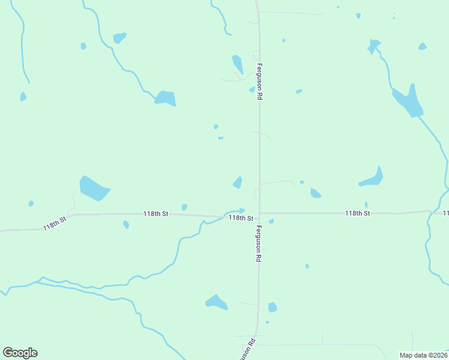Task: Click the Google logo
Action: click(x=20, y=353)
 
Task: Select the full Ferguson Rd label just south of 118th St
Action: click(x=259, y=243)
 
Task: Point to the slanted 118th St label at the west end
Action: click(x=54, y=223)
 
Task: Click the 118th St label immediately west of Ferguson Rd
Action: click(x=240, y=218)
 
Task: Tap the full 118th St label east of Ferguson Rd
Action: click(x=357, y=213)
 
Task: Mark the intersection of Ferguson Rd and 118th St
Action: click(x=259, y=215)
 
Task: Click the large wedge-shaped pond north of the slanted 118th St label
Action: click(x=94, y=188)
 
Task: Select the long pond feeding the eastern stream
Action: click(x=408, y=102)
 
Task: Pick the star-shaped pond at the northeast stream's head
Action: click(x=374, y=45)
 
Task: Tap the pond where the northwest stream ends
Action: click(x=165, y=98)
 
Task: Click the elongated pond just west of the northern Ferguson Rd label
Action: click(x=238, y=64)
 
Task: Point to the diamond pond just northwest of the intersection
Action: click(x=238, y=182)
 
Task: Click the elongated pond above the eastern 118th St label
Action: click(x=372, y=179)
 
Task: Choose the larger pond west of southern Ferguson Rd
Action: click(x=216, y=302)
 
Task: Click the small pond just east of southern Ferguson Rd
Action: click(x=273, y=307)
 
